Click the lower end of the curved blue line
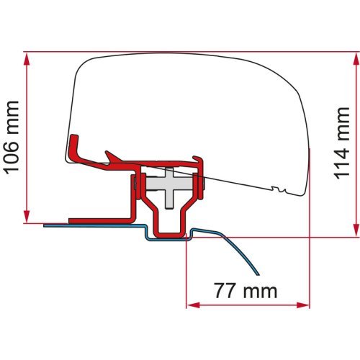pyautogui.click(x=257, y=274)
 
